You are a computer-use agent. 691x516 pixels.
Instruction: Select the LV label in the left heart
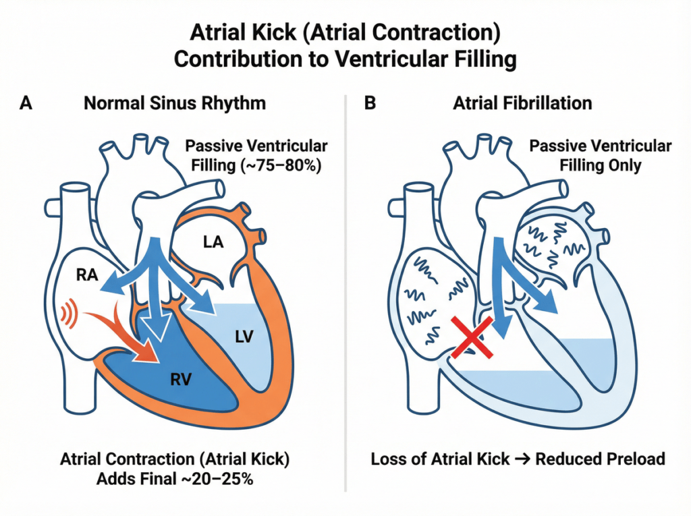point(244,336)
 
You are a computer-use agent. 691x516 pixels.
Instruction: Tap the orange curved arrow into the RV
point(132,331)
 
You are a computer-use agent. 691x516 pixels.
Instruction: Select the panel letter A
point(26,103)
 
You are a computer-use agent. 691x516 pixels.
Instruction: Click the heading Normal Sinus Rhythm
point(174,103)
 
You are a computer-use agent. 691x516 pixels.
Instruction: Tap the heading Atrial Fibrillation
point(523,103)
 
